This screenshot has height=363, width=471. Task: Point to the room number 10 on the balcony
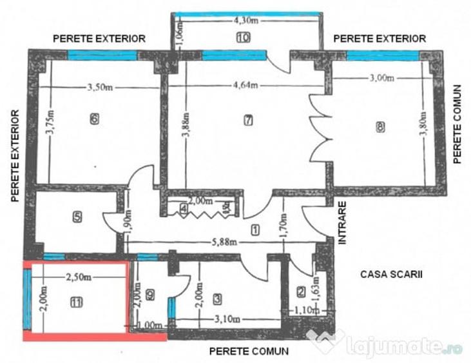243,38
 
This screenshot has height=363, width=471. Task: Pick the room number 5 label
77,217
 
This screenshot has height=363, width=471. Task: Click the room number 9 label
151,295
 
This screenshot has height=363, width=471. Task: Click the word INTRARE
343,223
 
